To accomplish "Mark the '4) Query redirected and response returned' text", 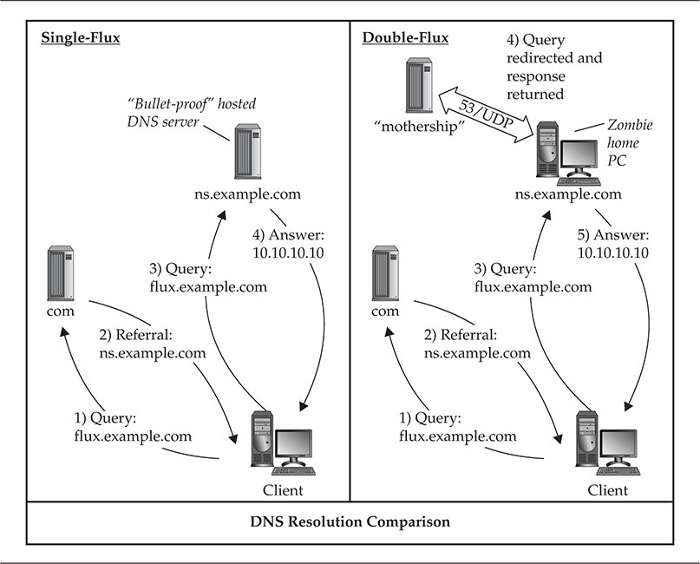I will (556, 66).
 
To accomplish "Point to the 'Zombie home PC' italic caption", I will (630, 142).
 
